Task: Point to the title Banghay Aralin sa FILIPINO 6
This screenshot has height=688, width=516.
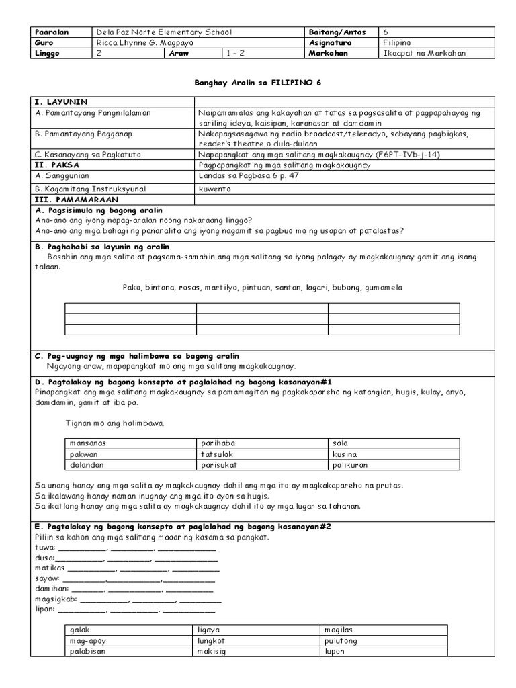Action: (x=257, y=83)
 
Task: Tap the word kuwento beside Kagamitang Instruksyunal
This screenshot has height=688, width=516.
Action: (x=215, y=189)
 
